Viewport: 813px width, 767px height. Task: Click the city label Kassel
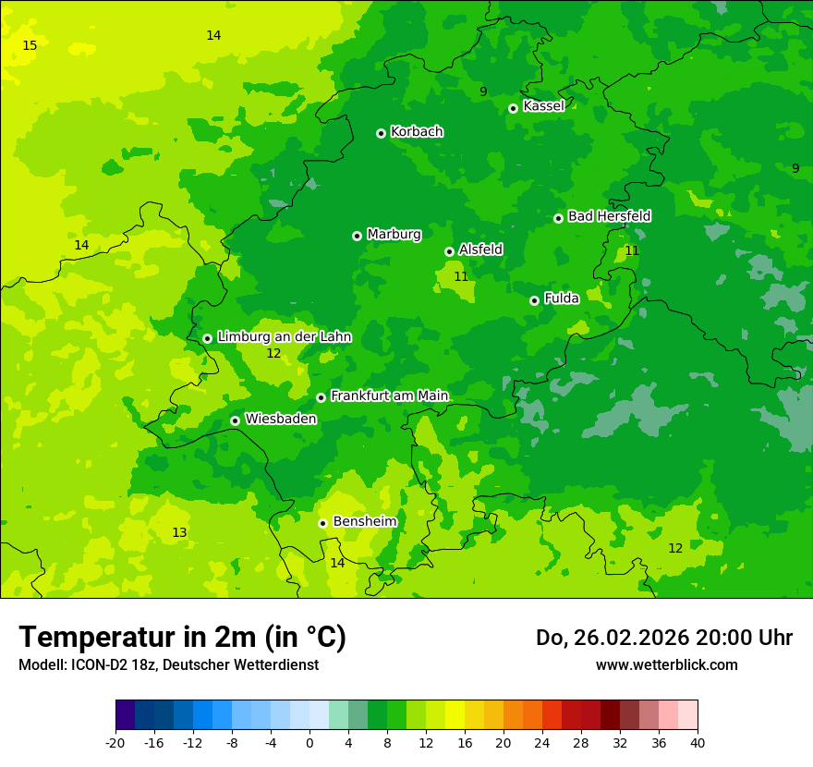pyautogui.click(x=543, y=106)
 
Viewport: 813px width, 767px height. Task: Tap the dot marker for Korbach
pyautogui.click(x=381, y=133)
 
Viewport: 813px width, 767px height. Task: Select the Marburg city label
pyautogui.click(x=394, y=235)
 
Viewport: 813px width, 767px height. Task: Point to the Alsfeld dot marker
pyautogui.click(x=449, y=251)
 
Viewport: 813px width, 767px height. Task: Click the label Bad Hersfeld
pyautogui.click(x=609, y=216)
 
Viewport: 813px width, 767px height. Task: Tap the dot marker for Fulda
pyautogui.click(x=534, y=300)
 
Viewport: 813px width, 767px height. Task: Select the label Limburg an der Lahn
pyautogui.click(x=284, y=337)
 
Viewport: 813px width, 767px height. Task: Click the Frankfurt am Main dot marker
pyautogui.click(x=321, y=397)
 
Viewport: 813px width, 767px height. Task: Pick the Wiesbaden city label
pyautogui.click(x=280, y=419)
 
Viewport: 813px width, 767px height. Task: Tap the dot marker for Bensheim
pyautogui.click(x=322, y=523)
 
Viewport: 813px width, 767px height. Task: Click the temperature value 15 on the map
pyautogui.click(x=30, y=46)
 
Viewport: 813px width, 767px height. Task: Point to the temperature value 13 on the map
pyautogui.click(x=179, y=533)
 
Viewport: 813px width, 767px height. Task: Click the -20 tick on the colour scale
pyautogui.click(x=115, y=742)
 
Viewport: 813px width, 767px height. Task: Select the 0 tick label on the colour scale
pyautogui.click(x=309, y=742)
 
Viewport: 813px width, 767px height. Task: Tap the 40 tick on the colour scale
pyautogui.click(x=698, y=742)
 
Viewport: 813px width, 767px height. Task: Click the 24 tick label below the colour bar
pyautogui.click(x=542, y=742)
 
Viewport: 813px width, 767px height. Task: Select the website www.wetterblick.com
pyautogui.click(x=666, y=665)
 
